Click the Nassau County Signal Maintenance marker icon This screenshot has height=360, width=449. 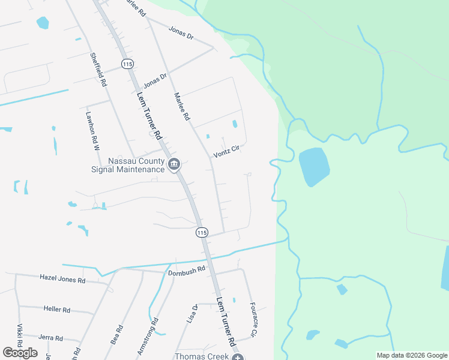(x=174, y=163)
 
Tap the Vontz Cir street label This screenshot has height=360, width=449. (x=226, y=151)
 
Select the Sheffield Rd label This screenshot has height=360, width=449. (x=98, y=70)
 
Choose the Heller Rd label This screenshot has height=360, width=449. (x=57, y=310)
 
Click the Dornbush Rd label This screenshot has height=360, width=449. (x=186, y=270)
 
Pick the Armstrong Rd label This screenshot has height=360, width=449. (x=154, y=329)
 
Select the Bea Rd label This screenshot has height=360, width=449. (x=117, y=334)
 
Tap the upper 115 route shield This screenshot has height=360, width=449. (x=127, y=64)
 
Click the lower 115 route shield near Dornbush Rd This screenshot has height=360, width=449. (x=202, y=232)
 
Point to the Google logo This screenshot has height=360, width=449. (x=20, y=353)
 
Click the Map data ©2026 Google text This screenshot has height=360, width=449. (x=412, y=355)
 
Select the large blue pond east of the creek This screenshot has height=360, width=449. (x=314, y=166)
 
